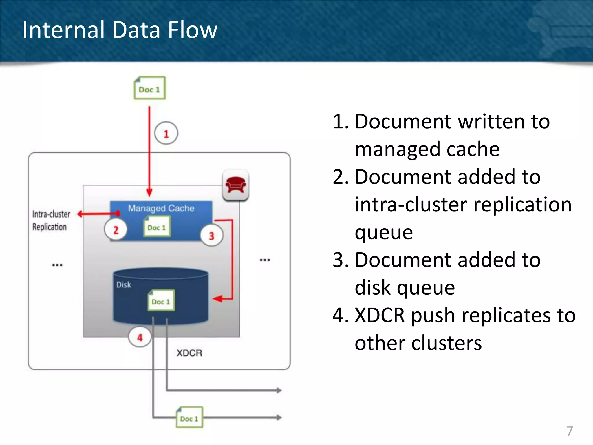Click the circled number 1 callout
(x=166, y=134)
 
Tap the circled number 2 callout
(x=116, y=230)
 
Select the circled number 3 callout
(x=212, y=236)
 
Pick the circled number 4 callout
(x=140, y=337)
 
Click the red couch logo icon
(x=235, y=185)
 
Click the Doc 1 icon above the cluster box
(x=150, y=88)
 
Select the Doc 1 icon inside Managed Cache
(x=157, y=227)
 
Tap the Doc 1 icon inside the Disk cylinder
(x=161, y=301)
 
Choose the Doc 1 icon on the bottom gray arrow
(x=189, y=417)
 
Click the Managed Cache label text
(x=161, y=208)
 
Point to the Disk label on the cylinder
(x=124, y=285)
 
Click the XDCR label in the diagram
(x=189, y=353)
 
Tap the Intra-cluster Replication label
(x=51, y=220)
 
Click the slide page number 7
(x=569, y=431)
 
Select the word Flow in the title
(x=193, y=30)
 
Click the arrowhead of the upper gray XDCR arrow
(x=279, y=390)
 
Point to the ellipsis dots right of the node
(x=265, y=260)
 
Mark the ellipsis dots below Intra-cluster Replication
(x=57, y=265)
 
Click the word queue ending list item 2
(x=384, y=232)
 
